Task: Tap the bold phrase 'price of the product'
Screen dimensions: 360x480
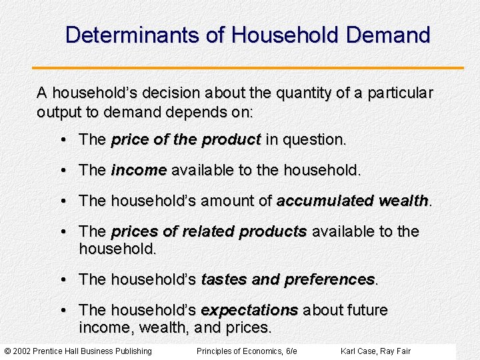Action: tap(185, 140)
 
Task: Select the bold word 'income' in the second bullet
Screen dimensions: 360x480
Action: tap(139, 171)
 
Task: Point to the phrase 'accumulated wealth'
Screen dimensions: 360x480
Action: tap(352, 201)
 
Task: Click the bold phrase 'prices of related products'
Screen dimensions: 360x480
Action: tap(209, 231)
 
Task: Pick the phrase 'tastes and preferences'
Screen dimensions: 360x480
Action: tap(288, 279)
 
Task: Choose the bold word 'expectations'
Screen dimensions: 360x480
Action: tap(249, 311)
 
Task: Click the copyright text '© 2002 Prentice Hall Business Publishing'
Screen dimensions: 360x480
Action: tap(78, 351)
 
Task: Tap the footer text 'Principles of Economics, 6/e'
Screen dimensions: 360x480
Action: tap(247, 351)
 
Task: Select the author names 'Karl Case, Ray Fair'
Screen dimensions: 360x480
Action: tap(375, 351)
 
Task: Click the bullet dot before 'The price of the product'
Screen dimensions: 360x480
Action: tap(61, 140)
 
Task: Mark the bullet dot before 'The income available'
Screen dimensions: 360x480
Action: tap(61, 171)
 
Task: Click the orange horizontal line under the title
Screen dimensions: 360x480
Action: tap(247, 68)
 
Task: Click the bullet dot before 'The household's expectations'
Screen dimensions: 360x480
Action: tap(61, 311)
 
